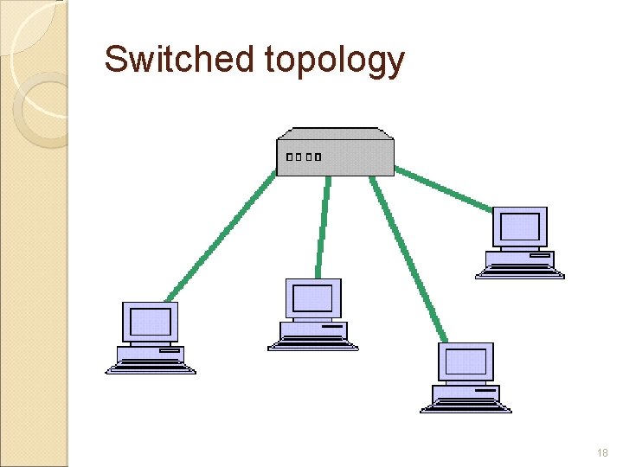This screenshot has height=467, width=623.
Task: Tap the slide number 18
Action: tap(602, 453)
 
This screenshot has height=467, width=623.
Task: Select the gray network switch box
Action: tap(335, 151)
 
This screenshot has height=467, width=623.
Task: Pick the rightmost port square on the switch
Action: tap(318, 157)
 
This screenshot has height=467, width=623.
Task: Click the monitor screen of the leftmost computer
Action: tap(151, 322)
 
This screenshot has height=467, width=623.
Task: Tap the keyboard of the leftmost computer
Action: tap(151, 368)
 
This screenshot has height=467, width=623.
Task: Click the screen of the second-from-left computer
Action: tap(312, 298)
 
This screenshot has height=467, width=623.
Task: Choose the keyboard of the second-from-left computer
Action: tap(313, 344)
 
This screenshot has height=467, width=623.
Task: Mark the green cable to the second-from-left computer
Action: tap(323, 227)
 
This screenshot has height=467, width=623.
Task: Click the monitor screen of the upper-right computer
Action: tap(519, 227)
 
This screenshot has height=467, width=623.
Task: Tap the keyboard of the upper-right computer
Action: tap(520, 272)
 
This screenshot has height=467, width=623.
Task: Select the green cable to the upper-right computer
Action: tap(443, 191)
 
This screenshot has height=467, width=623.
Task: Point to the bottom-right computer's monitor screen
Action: tap(466, 362)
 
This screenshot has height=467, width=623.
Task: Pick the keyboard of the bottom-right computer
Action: tap(466, 407)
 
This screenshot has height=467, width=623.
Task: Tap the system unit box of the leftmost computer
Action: tap(151, 354)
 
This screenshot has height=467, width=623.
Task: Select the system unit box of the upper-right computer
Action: tap(520, 258)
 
